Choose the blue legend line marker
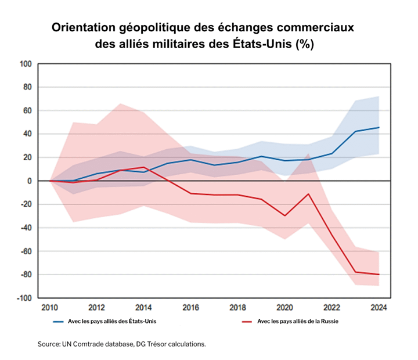[x=57, y=321]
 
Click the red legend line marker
[x=246, y=321]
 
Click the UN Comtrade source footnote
[x=122, y=344]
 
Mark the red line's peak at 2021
[x=308, y=194]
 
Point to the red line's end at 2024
[x=379, y=274]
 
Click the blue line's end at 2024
[x=379, y=127]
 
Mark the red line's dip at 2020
[x=284, y=215]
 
